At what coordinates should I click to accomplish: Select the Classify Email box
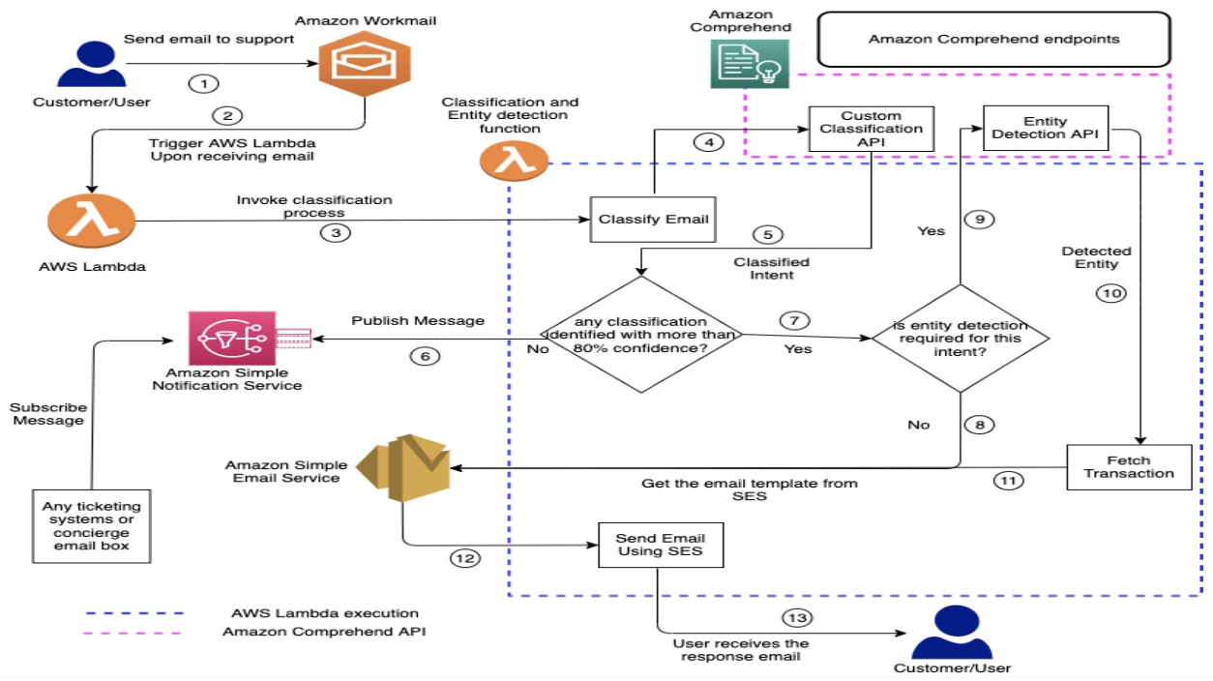pyautogui.click(x=653, y=220)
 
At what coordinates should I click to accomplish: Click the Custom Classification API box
pyautogui.click(x=871, y=130)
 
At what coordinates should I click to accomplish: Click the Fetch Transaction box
pyautogui.click(x=1129, y=466)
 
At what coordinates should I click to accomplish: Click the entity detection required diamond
pyautogui.click(x=960, y=338)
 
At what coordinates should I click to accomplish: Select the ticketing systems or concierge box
pyautogui.click(x=91, y=526)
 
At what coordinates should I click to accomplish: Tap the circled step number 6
pyautogui.click(x=424, y=357)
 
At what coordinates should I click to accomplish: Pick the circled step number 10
pyautogui.click(x=1111, y=293)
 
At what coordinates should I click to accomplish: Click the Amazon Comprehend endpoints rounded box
pyautogui.click(x=993, y=40)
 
